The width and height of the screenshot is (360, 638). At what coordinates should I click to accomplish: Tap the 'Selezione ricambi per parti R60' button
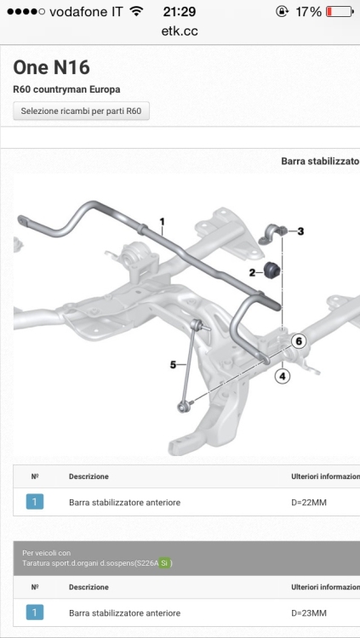(x=81, y=111)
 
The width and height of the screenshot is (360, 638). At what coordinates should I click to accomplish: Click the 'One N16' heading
(x=51, y=67)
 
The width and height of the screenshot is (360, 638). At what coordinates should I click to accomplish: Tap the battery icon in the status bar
(x=340, y=12)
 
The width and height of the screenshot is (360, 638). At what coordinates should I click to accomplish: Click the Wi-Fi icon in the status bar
(x=136, y=11)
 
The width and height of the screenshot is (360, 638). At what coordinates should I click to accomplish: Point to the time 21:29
(x=180, y=12)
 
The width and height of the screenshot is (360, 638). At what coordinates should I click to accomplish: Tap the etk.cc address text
(x=180, y=31)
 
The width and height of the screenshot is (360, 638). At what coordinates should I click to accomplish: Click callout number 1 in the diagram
(x=162, y=222)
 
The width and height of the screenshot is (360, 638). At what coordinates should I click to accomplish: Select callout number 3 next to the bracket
(x=300, y=231)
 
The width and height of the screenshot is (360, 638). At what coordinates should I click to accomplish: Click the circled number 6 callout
(x=299, y=341)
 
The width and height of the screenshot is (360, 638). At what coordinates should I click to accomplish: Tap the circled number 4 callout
(x=283, y=376)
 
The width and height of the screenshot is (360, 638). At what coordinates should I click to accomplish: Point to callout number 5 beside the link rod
(x=173, y=365)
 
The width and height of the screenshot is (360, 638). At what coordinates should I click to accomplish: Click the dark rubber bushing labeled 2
(x=271, y=271)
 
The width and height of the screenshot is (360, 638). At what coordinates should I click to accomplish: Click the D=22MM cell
(x=306, y=503)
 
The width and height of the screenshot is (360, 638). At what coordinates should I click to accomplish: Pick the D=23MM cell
(x=306, y=612)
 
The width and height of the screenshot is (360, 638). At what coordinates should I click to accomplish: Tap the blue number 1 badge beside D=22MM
(x=35, y=502)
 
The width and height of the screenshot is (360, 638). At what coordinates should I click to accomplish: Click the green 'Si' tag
(x=164, y=563)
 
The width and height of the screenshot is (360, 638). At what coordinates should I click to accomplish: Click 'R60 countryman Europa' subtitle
(x=66, y=89)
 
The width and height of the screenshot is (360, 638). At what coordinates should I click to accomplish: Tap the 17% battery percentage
(x=308, y=12)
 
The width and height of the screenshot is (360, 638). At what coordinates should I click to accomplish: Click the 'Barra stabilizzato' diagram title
(x=320, y=161)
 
